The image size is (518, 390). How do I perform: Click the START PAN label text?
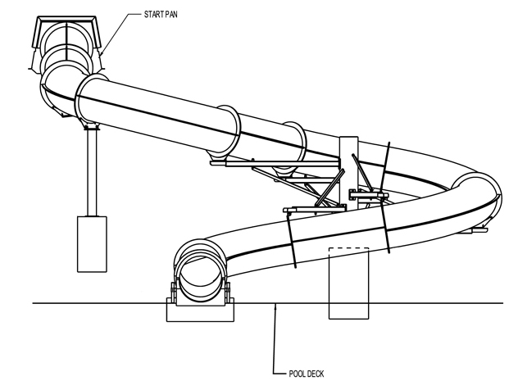click(161, 14)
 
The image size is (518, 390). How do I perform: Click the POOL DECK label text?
click(307, 374)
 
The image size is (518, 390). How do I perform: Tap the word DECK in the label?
click(316, 374)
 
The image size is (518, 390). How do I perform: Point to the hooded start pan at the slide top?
click(66, 43)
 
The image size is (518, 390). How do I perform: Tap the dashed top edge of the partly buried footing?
click(348, 248)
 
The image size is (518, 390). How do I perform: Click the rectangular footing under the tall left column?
click(92, 244)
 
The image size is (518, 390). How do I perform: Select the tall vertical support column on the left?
click(92, 173)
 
